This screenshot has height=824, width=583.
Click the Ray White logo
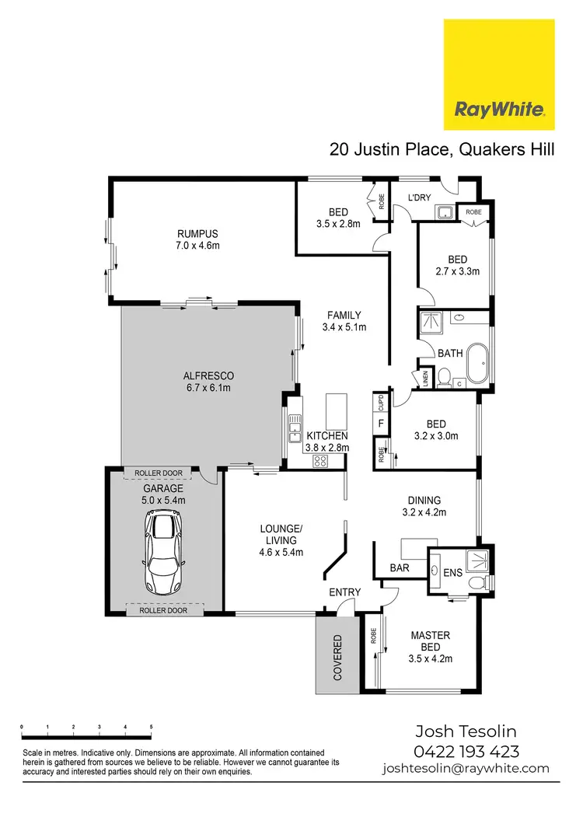coord(499,75)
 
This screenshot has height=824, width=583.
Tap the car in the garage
coord(163,553)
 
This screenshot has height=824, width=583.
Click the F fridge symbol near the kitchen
coord(381,424)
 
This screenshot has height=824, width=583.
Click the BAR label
coord(400,568)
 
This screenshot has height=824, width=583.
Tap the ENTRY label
coord(344,592)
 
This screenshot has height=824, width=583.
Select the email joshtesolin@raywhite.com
coord(466,768)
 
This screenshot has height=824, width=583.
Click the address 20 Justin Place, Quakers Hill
coord(442,149)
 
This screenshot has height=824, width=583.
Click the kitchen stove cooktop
coord(319,461)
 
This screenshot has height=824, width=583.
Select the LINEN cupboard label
coord(425,378)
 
